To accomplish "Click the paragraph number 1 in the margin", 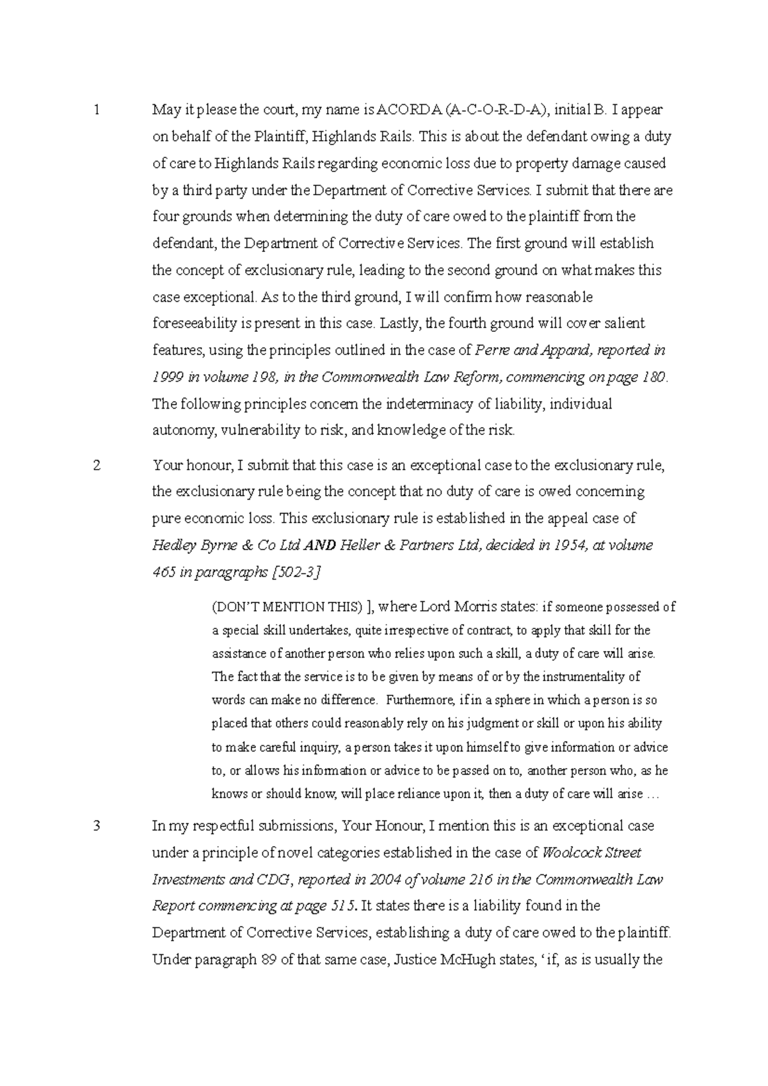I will pos(96,110).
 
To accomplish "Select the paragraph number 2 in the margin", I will pos(97,465).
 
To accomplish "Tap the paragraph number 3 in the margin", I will pos(97,826).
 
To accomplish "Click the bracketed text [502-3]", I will pos(296,572).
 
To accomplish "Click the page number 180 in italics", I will pos(653,377).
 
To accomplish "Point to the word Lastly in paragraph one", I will pos(401,324).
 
